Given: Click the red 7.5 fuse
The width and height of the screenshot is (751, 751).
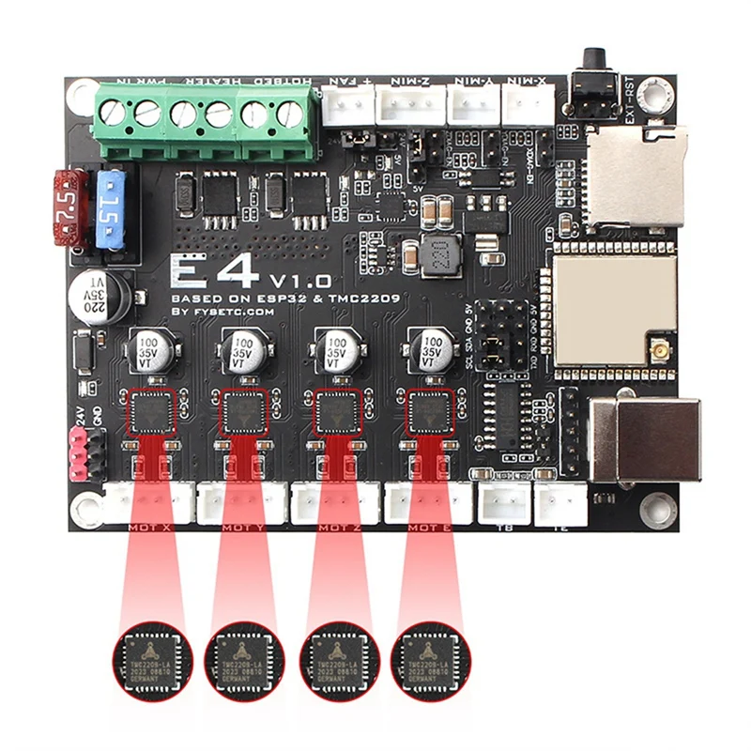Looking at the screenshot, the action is (68, 207).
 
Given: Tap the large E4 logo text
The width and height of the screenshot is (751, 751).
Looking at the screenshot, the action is (213, 272).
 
